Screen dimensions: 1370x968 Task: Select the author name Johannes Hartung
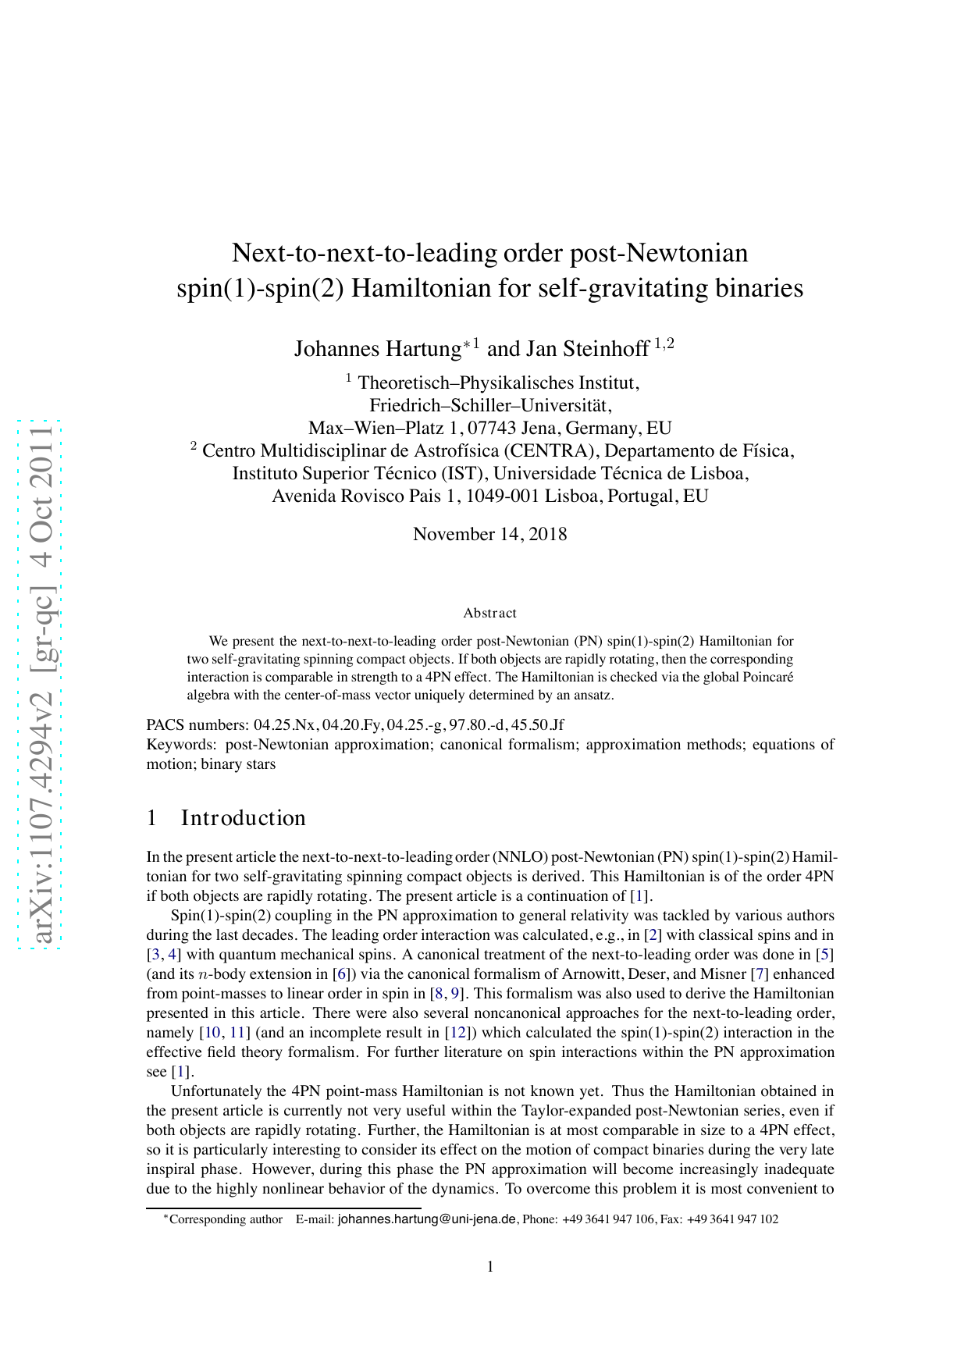(378, 349)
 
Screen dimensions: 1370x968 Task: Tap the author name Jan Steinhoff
(587, 349)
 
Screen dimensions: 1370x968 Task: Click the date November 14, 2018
(489, 535)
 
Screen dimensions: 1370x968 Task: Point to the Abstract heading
(489, 614)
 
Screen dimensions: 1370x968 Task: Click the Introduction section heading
(243, 818)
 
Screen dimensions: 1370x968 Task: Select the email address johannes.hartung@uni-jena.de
(427, 1219)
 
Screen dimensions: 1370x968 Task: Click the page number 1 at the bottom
(490, 1267)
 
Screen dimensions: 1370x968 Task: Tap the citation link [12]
(456, 1033)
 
